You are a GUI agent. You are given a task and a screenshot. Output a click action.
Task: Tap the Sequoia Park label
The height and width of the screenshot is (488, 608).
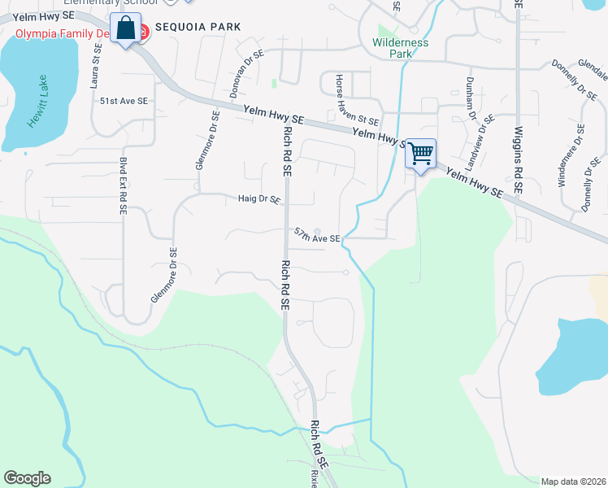[199, 27]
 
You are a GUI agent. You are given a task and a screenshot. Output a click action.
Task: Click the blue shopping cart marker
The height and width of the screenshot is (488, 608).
[420, 154]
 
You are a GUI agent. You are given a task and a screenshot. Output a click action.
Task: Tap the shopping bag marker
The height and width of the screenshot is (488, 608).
[126, 28]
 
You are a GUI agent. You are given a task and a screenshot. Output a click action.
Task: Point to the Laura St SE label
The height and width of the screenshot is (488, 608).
[95, 66]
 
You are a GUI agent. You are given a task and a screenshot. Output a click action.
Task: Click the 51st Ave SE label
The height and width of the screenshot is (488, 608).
[124, 101]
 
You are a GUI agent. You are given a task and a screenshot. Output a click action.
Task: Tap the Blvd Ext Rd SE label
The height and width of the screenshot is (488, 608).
[123, 185]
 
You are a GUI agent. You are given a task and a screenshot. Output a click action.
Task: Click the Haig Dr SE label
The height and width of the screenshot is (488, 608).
[258, 198]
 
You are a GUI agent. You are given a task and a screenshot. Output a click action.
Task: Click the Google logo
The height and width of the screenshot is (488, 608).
[27, 478]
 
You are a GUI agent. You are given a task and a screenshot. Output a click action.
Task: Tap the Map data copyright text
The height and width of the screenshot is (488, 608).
[573, 481]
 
